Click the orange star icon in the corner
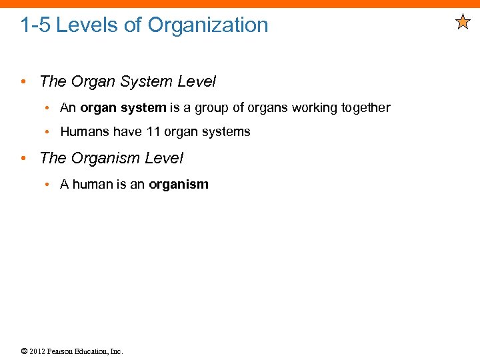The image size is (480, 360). (463, 23)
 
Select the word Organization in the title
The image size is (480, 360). (208, 25)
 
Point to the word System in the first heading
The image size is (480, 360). (147, 82)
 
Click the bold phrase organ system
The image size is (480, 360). (123, 108)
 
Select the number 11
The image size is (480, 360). (153, 132)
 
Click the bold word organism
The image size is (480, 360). (179, 185)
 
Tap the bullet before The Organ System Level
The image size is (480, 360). (23, 83)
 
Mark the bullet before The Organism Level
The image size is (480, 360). (23, 159)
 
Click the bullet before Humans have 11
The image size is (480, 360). (49, 132)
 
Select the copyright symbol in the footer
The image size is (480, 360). (24, 351)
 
